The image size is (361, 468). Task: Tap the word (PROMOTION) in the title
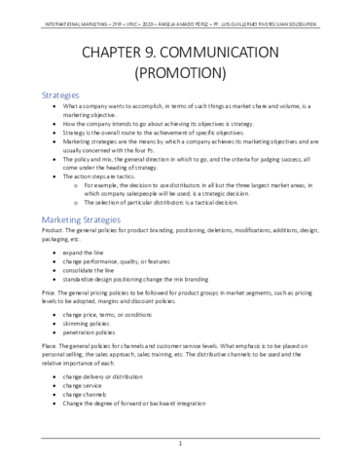(x=180, y=72)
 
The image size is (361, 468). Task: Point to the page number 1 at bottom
(x=181, y=445)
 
